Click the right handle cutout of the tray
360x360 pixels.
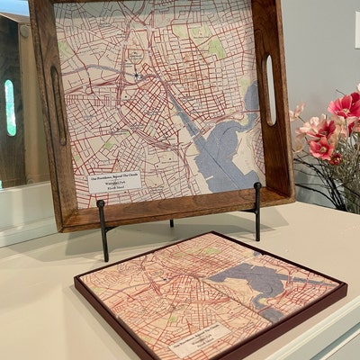269,90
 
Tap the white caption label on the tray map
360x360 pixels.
114,182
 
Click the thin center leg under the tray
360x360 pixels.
171,221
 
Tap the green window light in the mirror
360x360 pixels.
10,107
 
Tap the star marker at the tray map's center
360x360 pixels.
137,75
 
